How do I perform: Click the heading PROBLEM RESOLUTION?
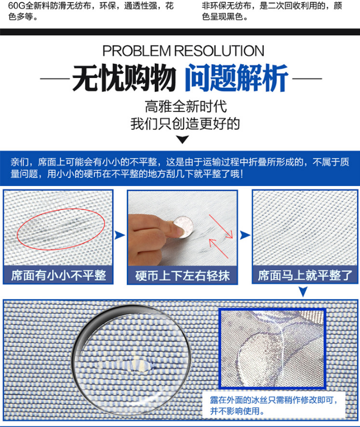pos(183,51)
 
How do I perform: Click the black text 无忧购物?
pos(124,78)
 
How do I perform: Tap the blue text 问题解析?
pos(236,78)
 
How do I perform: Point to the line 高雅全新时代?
pos(185,106)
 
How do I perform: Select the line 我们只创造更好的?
pos(185,124)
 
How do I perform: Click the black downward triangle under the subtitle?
pos(183,140)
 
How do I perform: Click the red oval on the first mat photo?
pos(61,229)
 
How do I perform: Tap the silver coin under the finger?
pos(183,227)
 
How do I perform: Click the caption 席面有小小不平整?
pos(58,275)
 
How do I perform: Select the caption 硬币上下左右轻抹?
pos(183,275)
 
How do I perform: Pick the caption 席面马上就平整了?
pos(305,275)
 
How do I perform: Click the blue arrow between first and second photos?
pos(120,235)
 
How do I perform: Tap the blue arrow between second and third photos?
pos(245,235)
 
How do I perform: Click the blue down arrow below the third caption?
pos(303,291)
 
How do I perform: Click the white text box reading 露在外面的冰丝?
pos(273,405)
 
